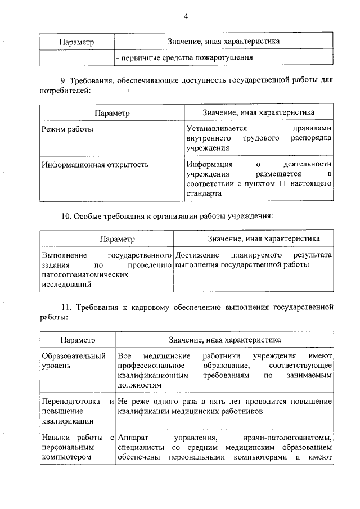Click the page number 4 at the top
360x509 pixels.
[x=186, y=16]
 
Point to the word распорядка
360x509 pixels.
[x=313, y=138]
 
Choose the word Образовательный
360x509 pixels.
[x=74, y=357]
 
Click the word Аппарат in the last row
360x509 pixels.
[x=132, y=438]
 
